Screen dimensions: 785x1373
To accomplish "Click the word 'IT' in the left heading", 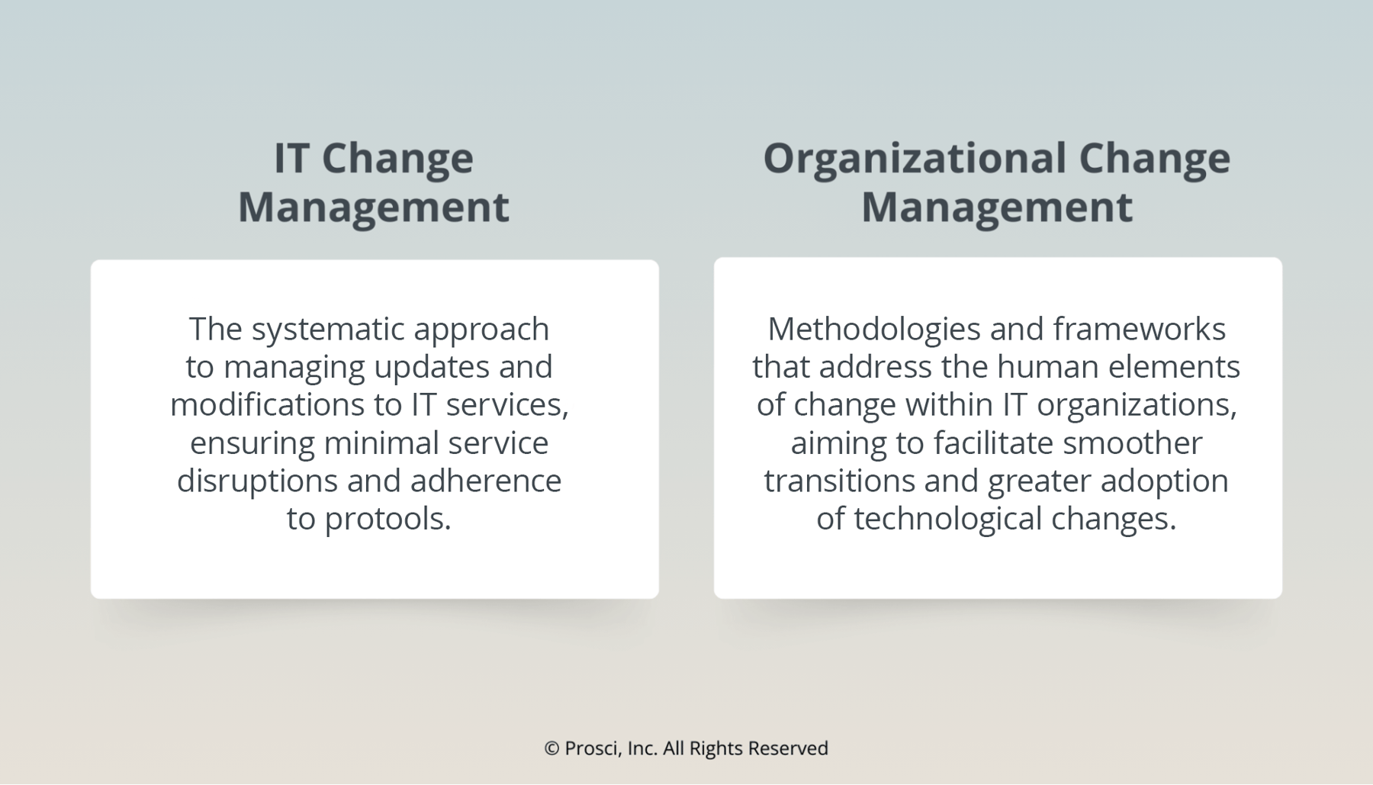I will point(291,159).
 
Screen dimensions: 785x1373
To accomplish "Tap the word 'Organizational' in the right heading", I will point(914,159).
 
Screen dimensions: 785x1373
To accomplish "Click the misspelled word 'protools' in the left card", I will point(388,519).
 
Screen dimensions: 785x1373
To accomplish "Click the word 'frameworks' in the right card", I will point(1139,330).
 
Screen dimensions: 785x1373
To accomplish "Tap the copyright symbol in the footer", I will point(551,748).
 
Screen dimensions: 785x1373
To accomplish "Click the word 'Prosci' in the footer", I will point(593,748).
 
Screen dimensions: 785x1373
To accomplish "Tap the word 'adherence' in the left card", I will point(485,481).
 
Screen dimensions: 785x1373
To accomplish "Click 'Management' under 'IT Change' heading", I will point(374,208).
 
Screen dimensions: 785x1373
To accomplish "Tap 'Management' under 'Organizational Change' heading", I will point(996,208).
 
